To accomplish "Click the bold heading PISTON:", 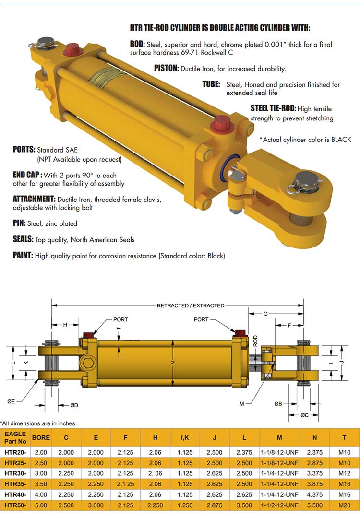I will coord(166,68).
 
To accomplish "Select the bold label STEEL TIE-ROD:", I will coord(273,108).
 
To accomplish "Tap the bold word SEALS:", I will coord(23,239).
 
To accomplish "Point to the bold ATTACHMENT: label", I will coord(34,199).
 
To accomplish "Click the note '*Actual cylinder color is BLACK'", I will coord(305,140).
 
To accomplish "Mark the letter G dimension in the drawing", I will coord(265,314).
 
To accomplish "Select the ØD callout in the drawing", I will coord(74,405).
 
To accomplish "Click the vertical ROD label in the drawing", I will coord(255,341).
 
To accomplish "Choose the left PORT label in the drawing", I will coord(120,319).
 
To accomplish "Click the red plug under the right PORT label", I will coord(240,332).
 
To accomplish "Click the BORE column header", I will coord(40,437).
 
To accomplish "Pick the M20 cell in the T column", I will coord(344,505).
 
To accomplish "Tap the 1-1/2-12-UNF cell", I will coord(279,505).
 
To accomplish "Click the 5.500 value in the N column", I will coord(315,505).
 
